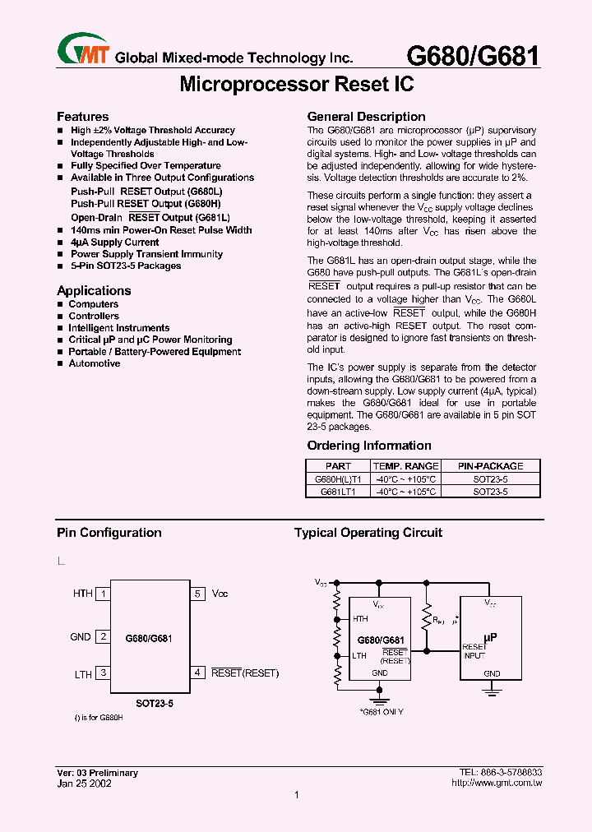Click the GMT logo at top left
pyautogui.click(x=83, y=49)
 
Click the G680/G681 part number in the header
pyautogui.click(x=474, y=55)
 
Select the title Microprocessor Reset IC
pyautogui.click(x=296, y=84)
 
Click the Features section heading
pyautogui.click(x=82, y=117)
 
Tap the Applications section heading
pyautogui.click(x=94, y=290)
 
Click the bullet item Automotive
pyautogui.click(x=95, y=363)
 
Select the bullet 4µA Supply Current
pyautogui.click(x=115, y=243)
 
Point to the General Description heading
pyautogui.click(x=366, y=117)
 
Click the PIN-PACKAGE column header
pyautogui.click(x=490, y=465)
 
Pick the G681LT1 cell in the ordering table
pyautogui.click(x=338, y=491)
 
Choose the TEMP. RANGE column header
pyautogui.click(x=406, y=465)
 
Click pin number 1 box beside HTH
pyautogui.click(x=103, y=593)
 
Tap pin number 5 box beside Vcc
pyautogui.click(x=197, y=593)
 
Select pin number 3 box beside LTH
pyautogui.click(x=103, y=673)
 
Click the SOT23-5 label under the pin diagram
pyautogui.click(x=155, y=704)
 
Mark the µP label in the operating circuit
pyautogui.click(x=491, y=636)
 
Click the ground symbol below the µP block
pyautogui.click(x=492, y=691)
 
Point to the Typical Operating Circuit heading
pyautogui.click(x=368, y=533)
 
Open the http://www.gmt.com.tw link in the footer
pyautogui.click(x=497, y=783)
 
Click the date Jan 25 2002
pyautogui.click(x=84, y=783)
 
